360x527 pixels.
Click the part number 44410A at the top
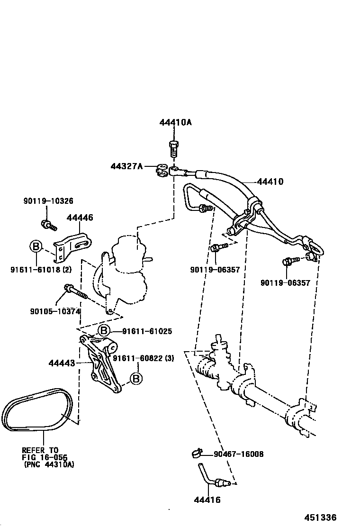(x=175, y=122)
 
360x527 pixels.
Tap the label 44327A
(x=126, y=166)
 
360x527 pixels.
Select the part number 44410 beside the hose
(x=270, y=182)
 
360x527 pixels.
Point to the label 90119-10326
(x=48, y=201)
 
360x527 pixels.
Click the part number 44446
(x=80, y=218)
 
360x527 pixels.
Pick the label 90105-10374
(x=54, y=311)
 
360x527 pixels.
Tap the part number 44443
(x=62, y=363)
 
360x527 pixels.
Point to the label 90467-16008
(x=238, y=454)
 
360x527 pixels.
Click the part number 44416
(x=207, y=500)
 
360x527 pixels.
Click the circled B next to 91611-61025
(x=104, y=331)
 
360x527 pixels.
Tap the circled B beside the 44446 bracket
(x=36, y=246)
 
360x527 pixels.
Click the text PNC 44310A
(x=48, y=464)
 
